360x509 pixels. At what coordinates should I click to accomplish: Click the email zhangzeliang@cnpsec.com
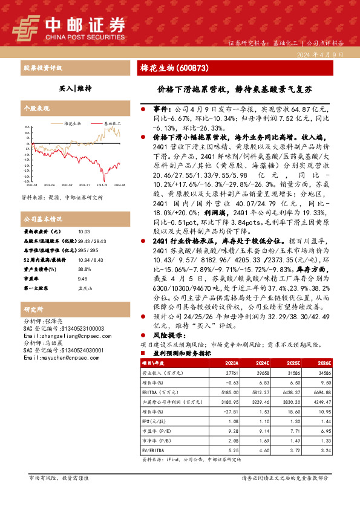(59, 335)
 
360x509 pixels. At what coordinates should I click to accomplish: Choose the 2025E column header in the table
(293, 363)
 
